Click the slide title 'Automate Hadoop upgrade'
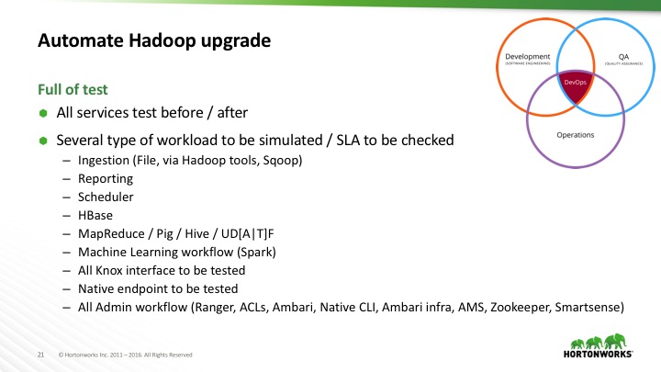(153, 41)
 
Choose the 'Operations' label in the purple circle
(576, 135)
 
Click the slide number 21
(41, 354)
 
